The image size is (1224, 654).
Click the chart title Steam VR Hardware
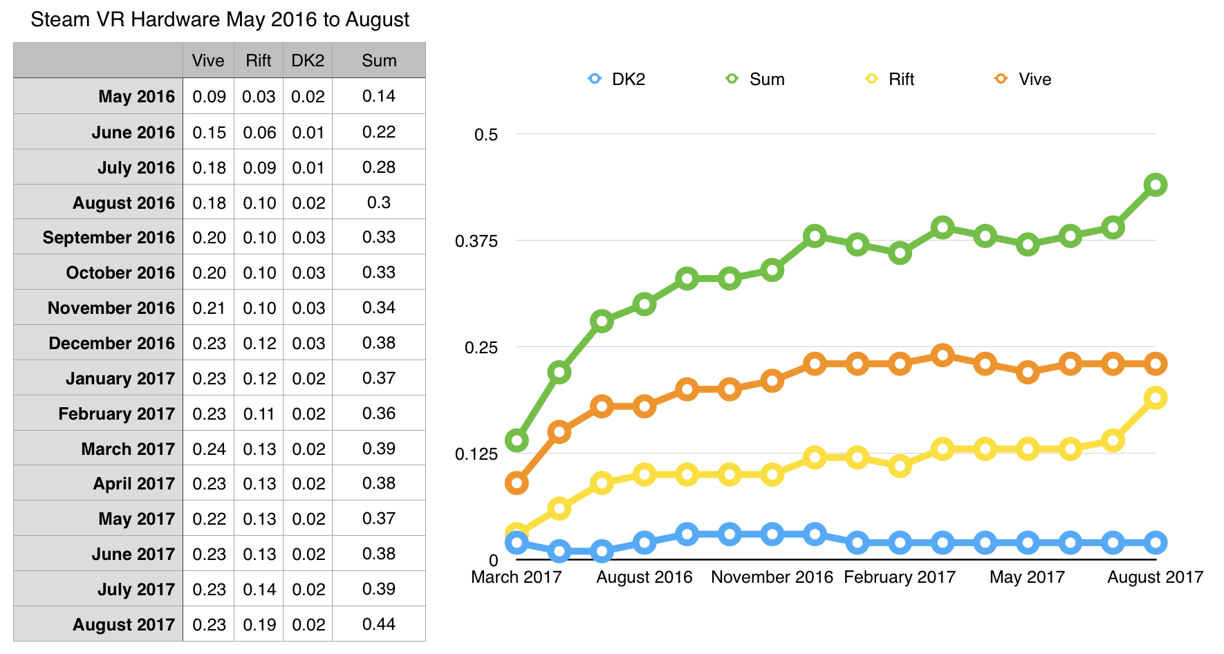pyautogui.click(x=220, y=19)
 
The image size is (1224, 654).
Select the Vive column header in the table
pyautogui.click(x=208, y=61)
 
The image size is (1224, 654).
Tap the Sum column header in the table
pyautogui.click(x=379, y=61)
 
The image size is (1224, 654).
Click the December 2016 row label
pyautogui.click(x=111, y=343)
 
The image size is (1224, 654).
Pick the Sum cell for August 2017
pyautogui.click(x=379, y=624)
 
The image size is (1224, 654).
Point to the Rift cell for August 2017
pyautogui.click(x=259, y=624)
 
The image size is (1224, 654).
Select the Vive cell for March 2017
pyautogui.click(x=209, y=449)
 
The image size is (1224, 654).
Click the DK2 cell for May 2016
pyautogui.click(x=308, y=96)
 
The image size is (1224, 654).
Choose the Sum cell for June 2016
pyautogui.click(x=379, y=131)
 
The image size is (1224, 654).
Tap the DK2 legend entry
pyautogui.click(x=617, y=79)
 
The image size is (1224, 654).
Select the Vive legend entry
pyautogui.click(x=1023, y=79)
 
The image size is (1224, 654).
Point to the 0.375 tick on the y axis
pyautogui.click(x=476, y=241)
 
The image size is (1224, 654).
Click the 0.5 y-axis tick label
pyautogui.click(x=485, y=135)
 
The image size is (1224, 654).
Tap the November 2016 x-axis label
pyautogui.click(x=772, y=577)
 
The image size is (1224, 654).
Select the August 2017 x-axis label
pyautogui.click(x=1155, y=577)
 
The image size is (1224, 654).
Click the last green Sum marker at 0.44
pyautogui.click(x=1156, y=185)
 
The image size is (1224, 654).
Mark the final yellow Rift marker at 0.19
pyautogui.click(x=1156, y=398)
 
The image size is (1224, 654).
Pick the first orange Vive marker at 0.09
pyautogui.click(x=517, y=483)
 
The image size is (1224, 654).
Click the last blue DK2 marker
pyautogui.click(x=1156, y=543)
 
